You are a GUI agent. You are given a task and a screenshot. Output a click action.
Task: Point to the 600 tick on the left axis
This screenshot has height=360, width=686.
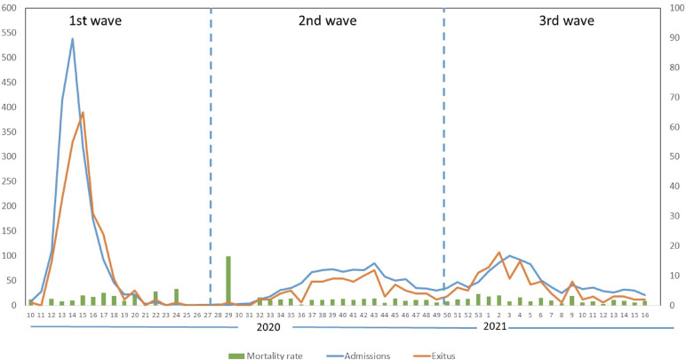coord(12,8)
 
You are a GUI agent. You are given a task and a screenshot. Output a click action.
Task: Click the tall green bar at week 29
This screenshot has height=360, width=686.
coord(228,281)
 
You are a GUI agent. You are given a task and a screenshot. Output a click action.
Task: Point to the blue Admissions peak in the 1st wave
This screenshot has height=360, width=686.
coord(72,38)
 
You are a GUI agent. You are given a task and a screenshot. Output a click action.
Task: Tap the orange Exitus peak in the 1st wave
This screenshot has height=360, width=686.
coord(83,112)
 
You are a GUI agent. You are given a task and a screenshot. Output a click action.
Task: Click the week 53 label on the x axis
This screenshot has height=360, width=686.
coord(478,315)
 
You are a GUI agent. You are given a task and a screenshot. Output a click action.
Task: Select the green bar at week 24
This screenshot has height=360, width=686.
coord(176,297)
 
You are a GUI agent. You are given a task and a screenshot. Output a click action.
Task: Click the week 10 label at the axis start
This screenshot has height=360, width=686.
coord(30,315)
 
